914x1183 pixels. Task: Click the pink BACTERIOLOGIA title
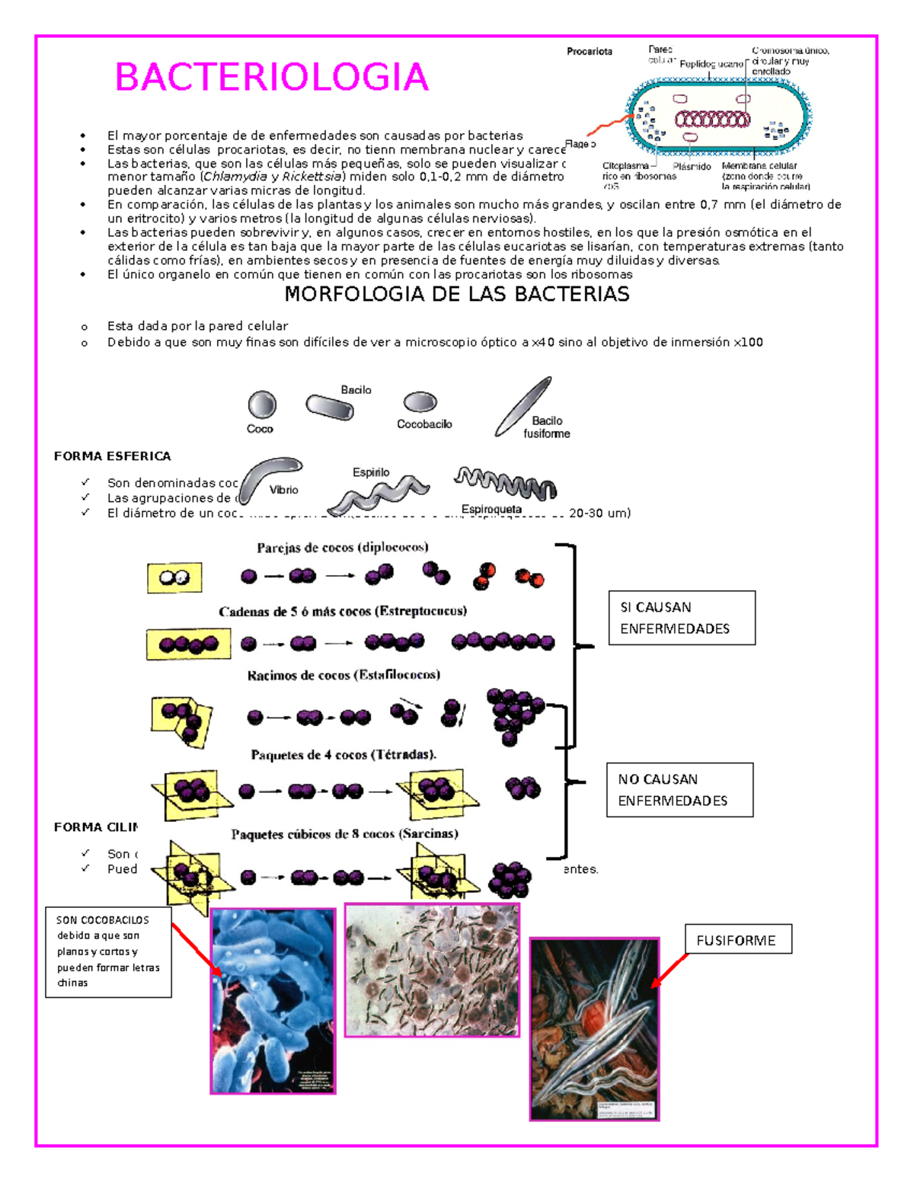271,78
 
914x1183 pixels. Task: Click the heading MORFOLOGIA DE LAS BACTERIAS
456,295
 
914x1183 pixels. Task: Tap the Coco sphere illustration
262,405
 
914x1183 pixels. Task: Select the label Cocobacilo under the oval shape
424,424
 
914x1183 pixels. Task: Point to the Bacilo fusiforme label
546,427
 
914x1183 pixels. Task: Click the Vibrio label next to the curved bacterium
283,490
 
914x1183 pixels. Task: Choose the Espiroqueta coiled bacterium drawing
506,483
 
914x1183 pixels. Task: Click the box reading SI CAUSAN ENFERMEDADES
682,618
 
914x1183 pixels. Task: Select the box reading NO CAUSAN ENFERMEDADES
679,790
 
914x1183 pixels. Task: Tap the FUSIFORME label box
737,940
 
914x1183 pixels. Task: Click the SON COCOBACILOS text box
108,951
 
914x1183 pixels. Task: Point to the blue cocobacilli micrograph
273,1001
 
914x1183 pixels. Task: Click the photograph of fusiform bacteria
594,1028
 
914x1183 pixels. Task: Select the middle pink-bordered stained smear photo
432,970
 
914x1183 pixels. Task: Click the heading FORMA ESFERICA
112,456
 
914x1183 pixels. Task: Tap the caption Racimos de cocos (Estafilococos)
344,675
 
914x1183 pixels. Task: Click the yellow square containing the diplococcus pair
174,578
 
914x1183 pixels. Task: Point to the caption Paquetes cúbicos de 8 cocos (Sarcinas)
344,834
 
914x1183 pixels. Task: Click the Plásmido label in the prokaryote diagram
692,166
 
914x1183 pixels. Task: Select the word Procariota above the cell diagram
589,52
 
